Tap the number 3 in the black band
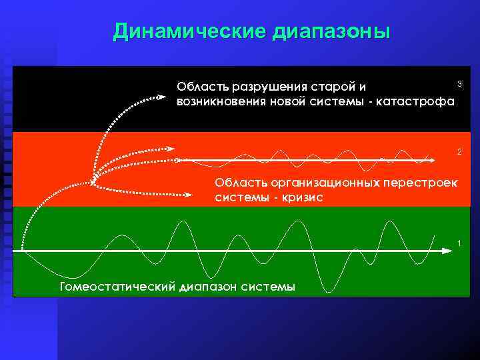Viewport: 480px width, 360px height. point(459,83)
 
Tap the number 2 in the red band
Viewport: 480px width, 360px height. point(459,152)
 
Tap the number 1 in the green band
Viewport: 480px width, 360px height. point(459,241)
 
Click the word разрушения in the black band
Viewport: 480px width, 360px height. point(263,87)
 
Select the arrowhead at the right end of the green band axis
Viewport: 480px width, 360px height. point(448,251)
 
